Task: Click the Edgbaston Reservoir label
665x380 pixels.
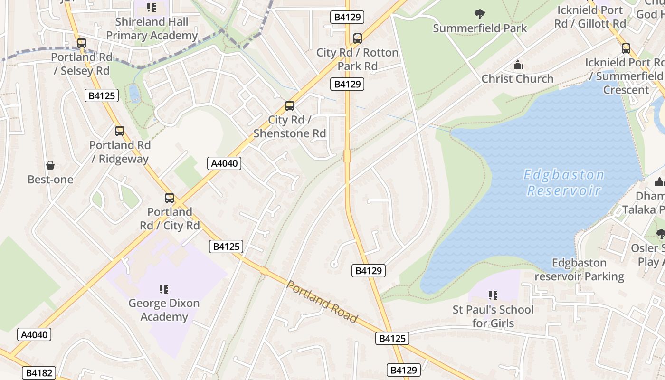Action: click(563, 183)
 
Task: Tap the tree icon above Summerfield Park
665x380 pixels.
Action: click(480, 14)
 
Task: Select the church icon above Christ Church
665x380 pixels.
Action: click(517, 65)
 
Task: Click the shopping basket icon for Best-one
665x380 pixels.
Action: click(50, 165)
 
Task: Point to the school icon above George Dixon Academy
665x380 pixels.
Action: click(164, 289)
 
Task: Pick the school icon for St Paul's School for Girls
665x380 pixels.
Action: click(493, 295)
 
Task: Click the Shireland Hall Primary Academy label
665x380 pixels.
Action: click(152, 28)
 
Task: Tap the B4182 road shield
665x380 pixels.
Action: click(38, 373)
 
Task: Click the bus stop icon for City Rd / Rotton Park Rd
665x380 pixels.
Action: click(357, 38)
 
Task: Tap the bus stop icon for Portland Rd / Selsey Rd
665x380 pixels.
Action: click(82, 43)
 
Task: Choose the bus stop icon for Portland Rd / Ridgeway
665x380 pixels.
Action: click(120, 131)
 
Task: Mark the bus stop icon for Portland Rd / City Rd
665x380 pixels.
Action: click(170, 198)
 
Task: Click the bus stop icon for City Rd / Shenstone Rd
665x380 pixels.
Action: click(290, 106)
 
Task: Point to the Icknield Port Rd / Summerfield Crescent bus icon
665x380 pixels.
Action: click(626, 48)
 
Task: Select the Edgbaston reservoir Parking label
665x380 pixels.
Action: click(579, 269)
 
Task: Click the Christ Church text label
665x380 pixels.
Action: click(517, 78)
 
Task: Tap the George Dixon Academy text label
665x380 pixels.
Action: click(164, 310)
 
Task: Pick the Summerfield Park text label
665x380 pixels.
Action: click(480, 28)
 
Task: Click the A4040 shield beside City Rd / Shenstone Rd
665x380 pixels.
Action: click(225, 163)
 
